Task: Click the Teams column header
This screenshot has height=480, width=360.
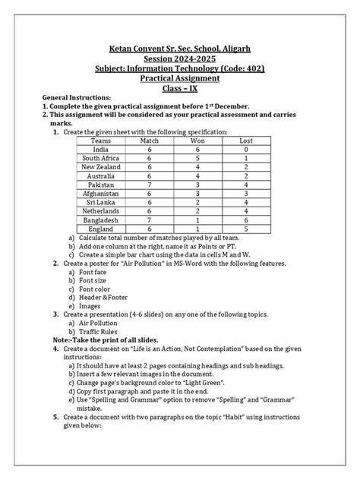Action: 100,141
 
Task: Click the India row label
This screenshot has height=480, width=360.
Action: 100,150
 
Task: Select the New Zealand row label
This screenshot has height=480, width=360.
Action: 100,166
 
